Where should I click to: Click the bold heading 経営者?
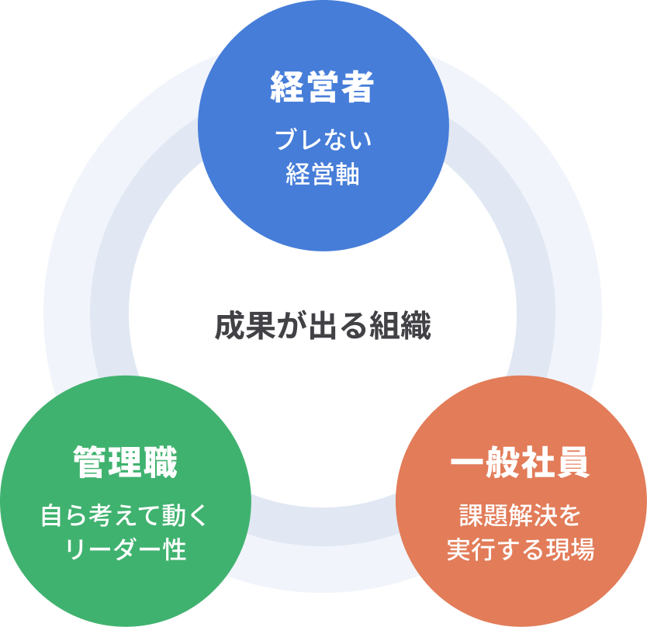323,88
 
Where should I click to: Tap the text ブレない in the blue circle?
323,140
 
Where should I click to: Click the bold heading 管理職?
125,463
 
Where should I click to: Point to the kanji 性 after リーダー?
176,549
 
